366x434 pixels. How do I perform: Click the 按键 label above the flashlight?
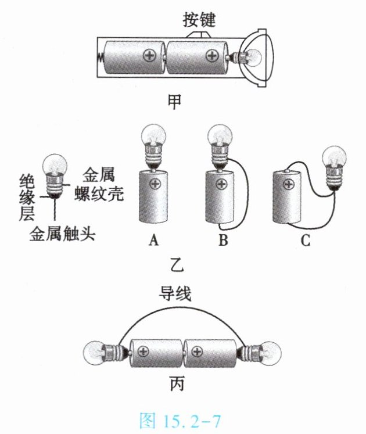pyautogui.click(x=199, y=20)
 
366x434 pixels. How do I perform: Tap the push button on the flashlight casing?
pyautogui.click(x=199, y=34)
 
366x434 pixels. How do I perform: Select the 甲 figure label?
pyautogui.click(x=174, y=101)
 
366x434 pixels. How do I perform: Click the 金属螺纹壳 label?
pyautogui.click(x=99, y=184)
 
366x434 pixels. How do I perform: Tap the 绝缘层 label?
pyautogui.click(x=27, y=198)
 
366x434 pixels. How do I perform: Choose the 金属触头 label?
pyautogui.click(x=63, y=234)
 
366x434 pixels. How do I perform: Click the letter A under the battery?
pyautogui.click(x=153, y=240)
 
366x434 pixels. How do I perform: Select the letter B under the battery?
pyautogui.click(x=224, y=240)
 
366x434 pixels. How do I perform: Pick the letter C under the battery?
pyautogui.click(x=306, y=240)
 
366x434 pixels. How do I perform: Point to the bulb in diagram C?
pyautogui.click(x=333, y=168)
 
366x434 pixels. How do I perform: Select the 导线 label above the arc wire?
pyautogui.click(x=175, y=293)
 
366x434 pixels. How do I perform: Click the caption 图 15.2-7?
pyautogui.click(x=180, y=421)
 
